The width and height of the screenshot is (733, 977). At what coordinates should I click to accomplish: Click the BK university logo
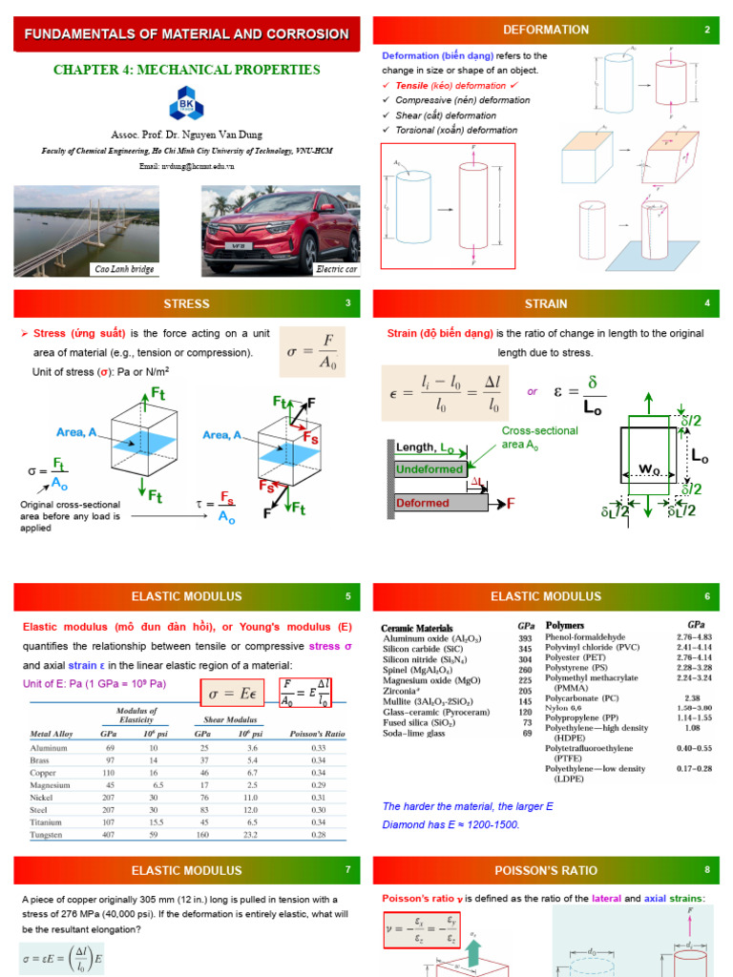click(185, 103)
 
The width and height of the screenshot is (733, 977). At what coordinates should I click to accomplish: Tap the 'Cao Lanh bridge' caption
click(122, 270)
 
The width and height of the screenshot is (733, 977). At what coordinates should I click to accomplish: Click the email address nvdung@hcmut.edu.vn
click(186, 165)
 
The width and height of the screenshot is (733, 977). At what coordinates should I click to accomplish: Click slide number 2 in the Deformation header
click(707, 31)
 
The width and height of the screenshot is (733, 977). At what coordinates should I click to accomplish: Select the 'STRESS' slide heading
click(186, 304)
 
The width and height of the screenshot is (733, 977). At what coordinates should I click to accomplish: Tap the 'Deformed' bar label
click(422, 503)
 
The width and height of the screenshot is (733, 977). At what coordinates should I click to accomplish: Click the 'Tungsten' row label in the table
click(49, 835)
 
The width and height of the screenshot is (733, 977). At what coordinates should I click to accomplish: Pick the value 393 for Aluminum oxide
click(525, 638)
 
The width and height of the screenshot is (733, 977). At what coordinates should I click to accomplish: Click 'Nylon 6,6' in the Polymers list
click(563, 707)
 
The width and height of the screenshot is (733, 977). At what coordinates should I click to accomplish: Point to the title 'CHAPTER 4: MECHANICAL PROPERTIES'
click(186, 70)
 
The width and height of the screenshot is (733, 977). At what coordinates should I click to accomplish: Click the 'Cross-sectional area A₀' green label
click(539, 437)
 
